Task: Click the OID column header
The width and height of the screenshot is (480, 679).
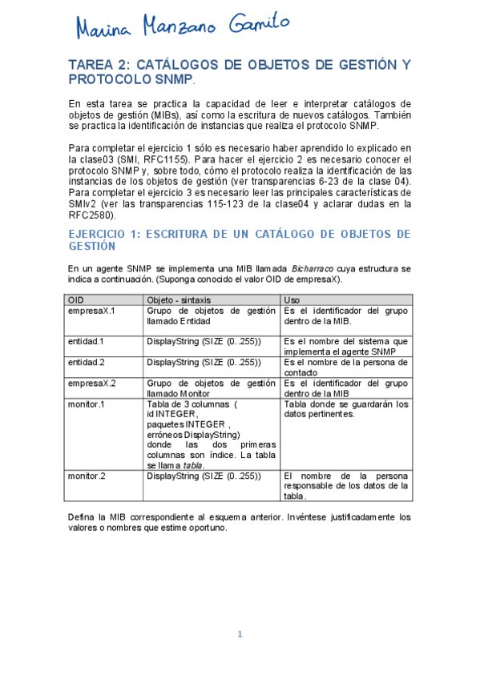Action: [x=76, y=299]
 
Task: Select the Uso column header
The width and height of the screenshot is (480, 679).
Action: [x=292, y=299]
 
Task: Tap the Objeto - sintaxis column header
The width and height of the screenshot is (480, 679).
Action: [x=176, y=299]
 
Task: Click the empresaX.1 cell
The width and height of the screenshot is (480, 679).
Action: [x=91, y=310]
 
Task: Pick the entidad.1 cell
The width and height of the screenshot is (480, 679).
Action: [x=85, y=340]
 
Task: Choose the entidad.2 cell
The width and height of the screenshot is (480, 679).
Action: [x=85, y=362]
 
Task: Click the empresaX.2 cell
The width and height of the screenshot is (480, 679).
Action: [x=91, y=383]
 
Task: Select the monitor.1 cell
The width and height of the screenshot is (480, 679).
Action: [x=86, y=404]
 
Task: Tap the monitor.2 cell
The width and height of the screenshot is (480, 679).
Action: [x=86, y=476]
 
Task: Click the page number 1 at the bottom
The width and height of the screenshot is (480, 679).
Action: [x=239, y=634]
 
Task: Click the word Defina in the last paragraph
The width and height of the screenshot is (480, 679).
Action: [x=84, y=516]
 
